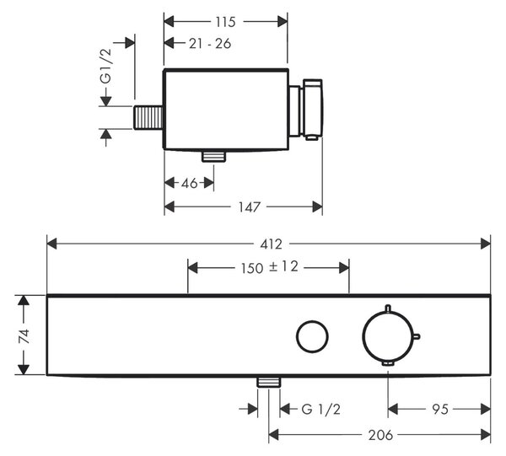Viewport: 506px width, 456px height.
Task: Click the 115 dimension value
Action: [225, 22]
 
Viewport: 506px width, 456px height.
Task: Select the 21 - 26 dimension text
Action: [210, 44]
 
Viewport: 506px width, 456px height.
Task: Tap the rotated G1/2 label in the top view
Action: [106, 67]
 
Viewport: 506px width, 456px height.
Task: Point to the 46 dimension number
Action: [190, 183]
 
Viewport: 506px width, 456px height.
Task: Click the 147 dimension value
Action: [249, 207]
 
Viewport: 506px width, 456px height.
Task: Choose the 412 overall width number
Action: [271, 244]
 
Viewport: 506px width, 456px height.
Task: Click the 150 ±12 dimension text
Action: [270, 267]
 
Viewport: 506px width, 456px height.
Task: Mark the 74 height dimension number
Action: [24, 336]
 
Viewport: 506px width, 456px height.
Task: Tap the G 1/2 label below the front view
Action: [321, 410]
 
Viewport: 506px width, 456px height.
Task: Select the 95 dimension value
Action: [440, 410]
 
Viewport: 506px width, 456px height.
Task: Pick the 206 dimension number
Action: [381, 436]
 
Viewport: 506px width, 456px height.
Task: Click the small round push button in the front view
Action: [312, 336]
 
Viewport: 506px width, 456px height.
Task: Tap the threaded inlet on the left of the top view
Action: [148, 117]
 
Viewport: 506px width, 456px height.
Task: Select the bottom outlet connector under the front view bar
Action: [269, 382]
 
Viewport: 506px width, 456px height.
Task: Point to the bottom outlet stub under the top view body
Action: [213, 156]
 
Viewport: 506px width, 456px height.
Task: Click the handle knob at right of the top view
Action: [312, 109]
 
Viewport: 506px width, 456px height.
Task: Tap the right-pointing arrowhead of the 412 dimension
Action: [486, 244]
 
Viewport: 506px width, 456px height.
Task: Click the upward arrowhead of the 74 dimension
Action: [24, 300]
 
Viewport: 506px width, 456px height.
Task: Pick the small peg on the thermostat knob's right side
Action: [417, 337]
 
